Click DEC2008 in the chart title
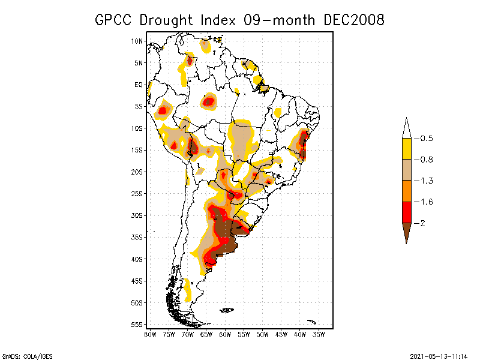(353, 20)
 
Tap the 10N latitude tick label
(137, 41)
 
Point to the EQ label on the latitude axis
(139, 85)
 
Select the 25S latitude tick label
(137, 194)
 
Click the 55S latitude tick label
(137, 325)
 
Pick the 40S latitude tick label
(137, 259)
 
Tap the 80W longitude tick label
(150, 334)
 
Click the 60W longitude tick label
(225, 334)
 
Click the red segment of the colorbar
(406, 212)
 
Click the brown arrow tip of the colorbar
(406, 233)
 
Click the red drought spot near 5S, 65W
(208, 101)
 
